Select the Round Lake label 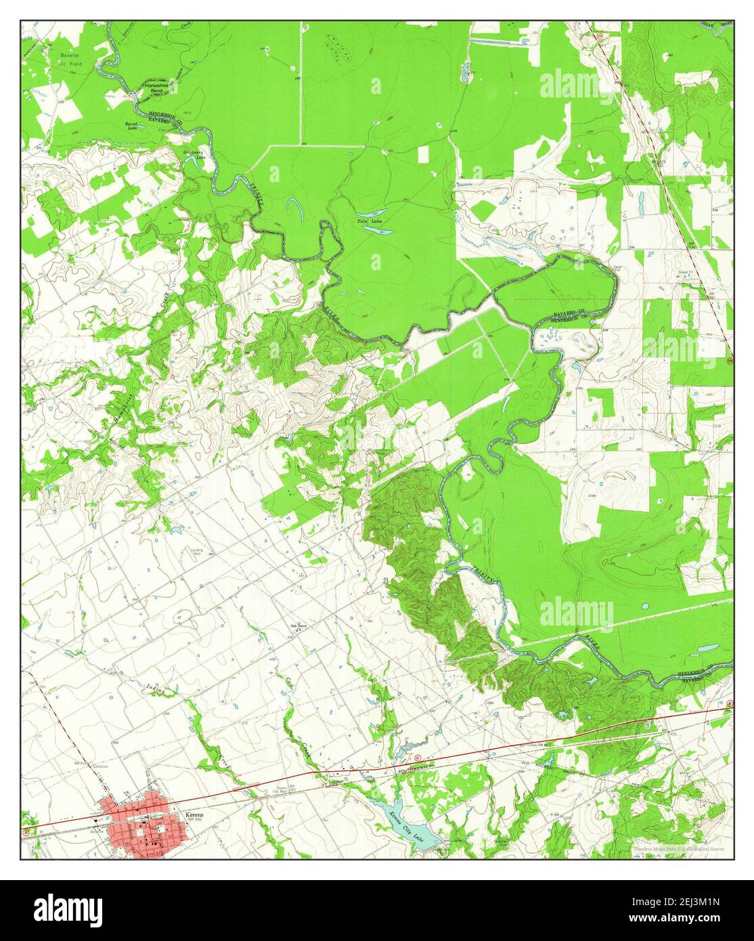[131, 127]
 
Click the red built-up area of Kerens [139, 820]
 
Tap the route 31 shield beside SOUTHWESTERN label [418, 756]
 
